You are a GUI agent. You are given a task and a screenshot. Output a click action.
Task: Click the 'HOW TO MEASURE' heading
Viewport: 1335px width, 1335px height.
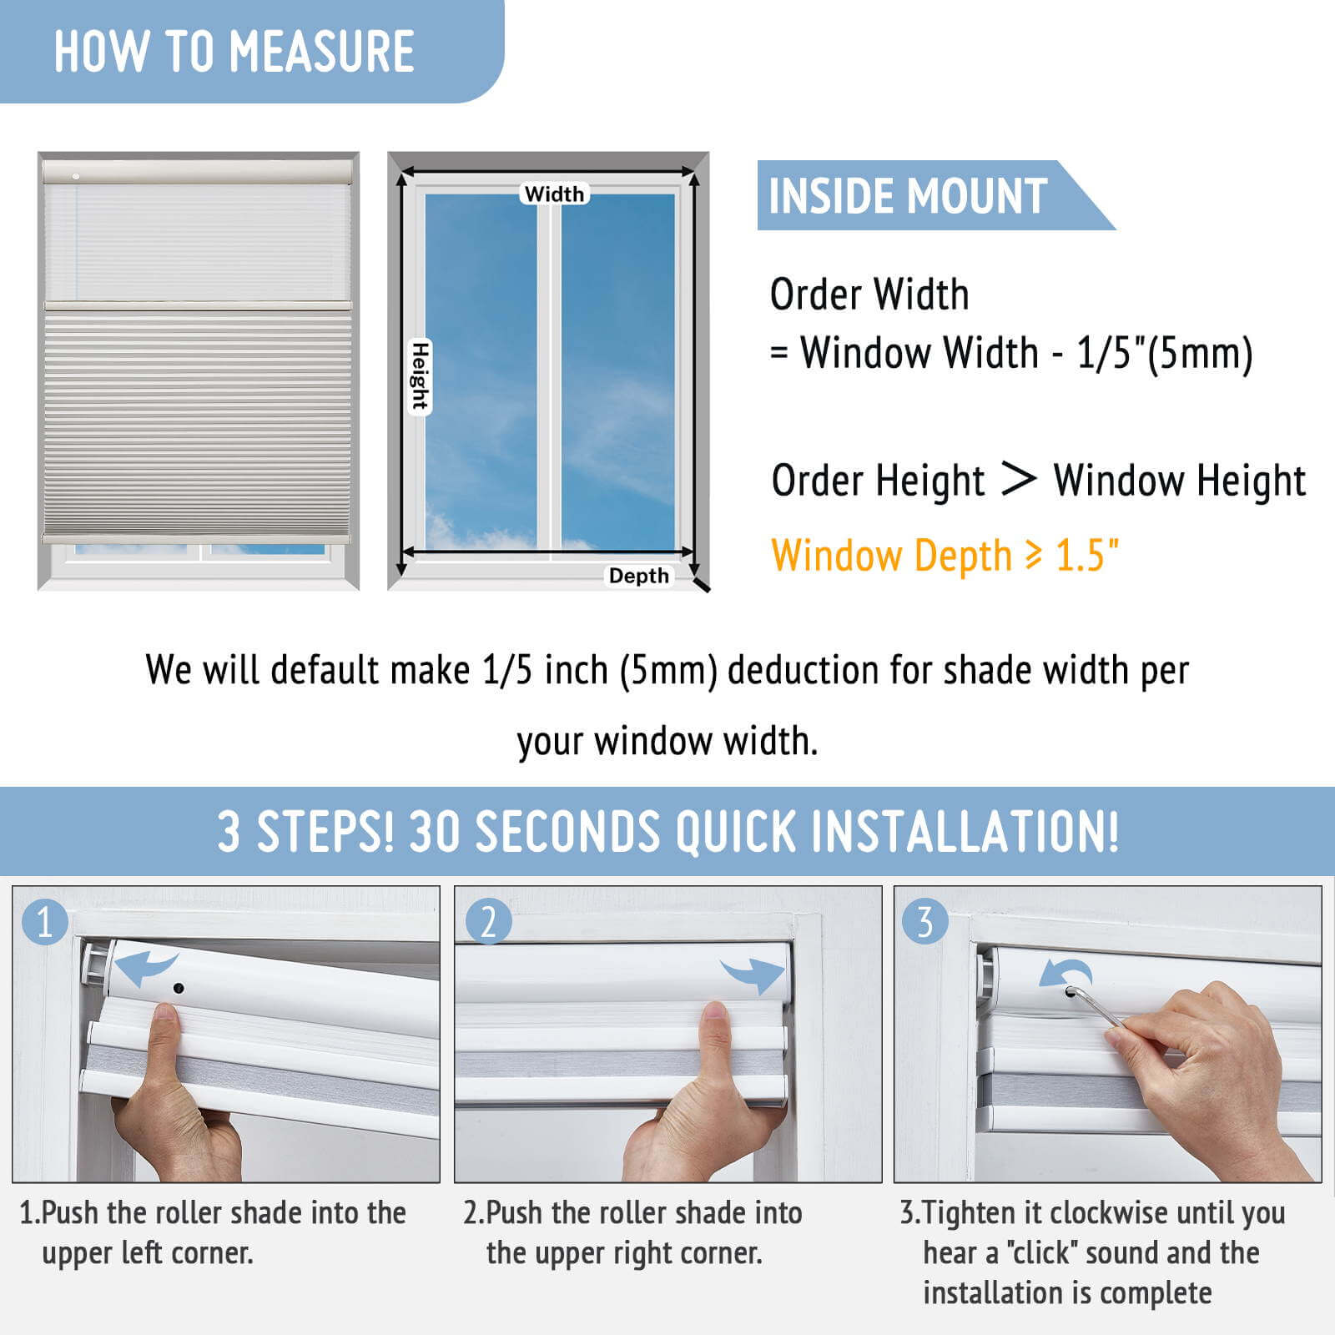[x=234, y=52]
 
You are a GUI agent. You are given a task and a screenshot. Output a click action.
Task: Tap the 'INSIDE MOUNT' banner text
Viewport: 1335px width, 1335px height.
[x=908, y=196]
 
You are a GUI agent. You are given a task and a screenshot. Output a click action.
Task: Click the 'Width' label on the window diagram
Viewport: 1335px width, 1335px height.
[x=554, y=194]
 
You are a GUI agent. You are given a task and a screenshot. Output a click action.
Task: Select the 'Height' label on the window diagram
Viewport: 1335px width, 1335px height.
[x=420, y=376]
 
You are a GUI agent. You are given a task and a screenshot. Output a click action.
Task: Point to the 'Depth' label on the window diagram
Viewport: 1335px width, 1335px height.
[x=638, y=576]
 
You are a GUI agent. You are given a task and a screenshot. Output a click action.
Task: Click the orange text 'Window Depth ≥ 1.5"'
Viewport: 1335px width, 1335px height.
[x=945, y=556]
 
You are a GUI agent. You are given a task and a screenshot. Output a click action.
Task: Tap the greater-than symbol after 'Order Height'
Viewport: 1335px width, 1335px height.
[x=1018, y=479]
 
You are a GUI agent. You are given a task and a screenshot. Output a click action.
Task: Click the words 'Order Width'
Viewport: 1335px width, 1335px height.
[x=869, y=295]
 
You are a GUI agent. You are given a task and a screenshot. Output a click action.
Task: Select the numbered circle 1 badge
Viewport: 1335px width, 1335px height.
[x=45, y=922]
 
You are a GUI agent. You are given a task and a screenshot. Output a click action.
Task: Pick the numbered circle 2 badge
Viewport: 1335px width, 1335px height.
[x=488, y=922]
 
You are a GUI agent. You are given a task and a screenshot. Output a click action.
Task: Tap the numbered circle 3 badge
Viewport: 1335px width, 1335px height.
[x=925, y=922]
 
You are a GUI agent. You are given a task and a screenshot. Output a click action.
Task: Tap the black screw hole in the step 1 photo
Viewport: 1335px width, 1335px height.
[x=179, y=989]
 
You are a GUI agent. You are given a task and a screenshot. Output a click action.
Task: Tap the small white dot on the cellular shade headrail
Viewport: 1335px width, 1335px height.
[x=76, y=176]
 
